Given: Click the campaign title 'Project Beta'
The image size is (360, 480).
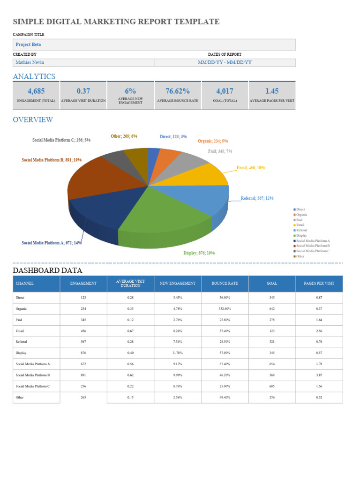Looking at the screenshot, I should coord(29,45).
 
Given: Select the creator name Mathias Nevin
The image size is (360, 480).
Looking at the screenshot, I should coord(30,62).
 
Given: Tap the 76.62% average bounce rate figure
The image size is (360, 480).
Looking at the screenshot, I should coord(178,91).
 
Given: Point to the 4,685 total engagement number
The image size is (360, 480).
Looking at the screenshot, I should coord(36,91).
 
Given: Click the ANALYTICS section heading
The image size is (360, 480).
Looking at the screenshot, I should coord(34,76).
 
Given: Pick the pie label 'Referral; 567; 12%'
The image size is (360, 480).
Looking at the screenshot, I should coord(257,198).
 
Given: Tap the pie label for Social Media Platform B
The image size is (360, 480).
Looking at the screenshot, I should coord(52,160).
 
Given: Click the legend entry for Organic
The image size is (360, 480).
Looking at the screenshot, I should coord(301,215).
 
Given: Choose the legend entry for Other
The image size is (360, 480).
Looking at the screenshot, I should coord(300,256).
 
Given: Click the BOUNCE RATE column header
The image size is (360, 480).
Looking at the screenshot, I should coord(225,284).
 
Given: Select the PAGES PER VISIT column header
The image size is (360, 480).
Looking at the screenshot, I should coord(319,284).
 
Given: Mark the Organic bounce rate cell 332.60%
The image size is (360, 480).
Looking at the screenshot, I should coord(225,309).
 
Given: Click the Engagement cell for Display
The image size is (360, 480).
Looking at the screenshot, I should coord(83,352).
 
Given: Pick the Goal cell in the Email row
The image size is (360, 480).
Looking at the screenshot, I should coord(272,331).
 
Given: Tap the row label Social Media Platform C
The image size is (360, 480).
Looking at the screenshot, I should coord(33,386).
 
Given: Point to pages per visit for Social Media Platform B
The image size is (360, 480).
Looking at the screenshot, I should coord(319,375).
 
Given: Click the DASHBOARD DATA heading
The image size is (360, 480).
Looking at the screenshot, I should coord(47,270).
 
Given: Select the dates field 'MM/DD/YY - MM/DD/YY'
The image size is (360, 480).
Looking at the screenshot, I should coord(225,62).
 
